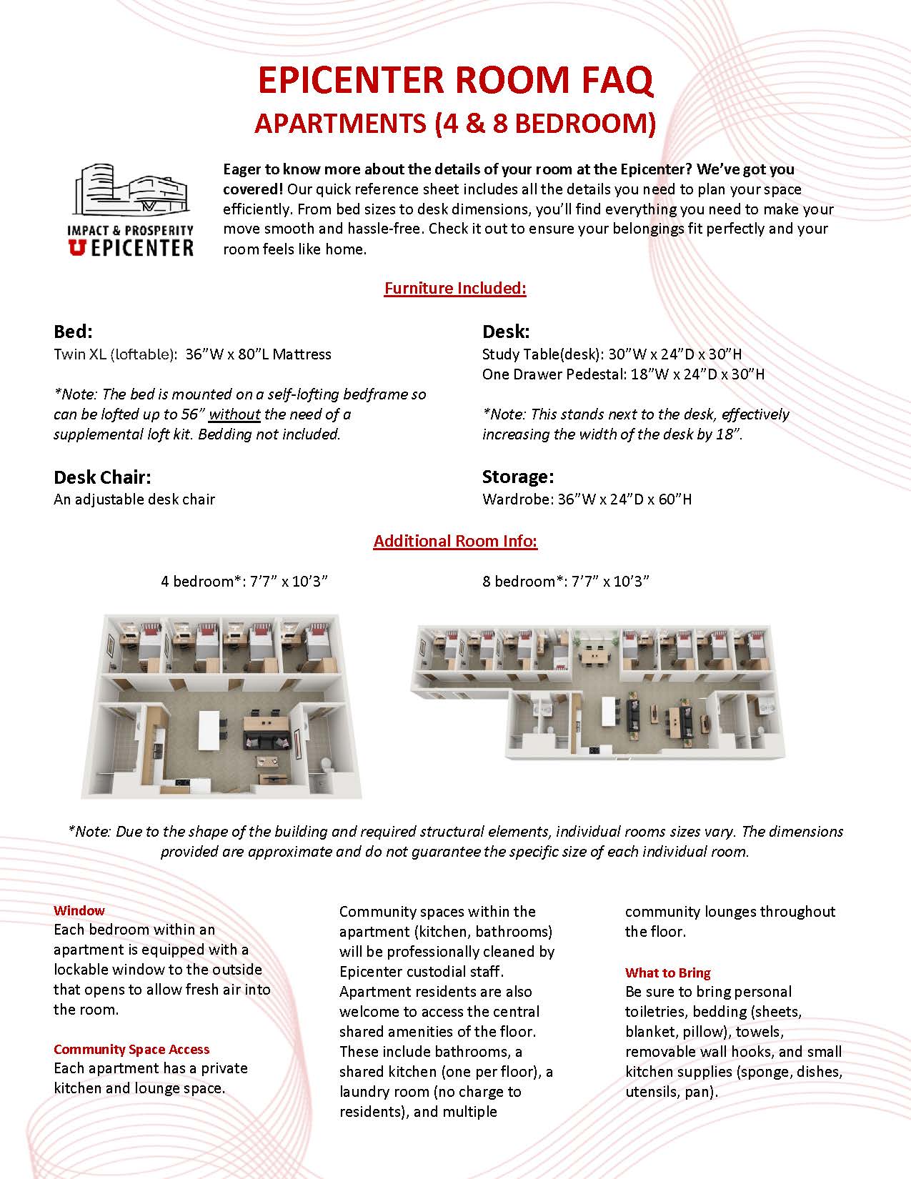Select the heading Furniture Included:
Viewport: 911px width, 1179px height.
(x=455, y=288)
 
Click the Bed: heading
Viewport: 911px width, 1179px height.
(x=73, y=332)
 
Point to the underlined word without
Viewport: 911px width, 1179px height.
(x=234, y=414)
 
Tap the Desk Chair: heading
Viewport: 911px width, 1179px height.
(x=102, y=477)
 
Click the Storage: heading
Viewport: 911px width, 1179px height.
(x=518, y=477)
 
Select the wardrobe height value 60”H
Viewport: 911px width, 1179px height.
(x=675, y=499)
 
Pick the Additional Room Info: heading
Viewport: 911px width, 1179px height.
(x=455, y=541)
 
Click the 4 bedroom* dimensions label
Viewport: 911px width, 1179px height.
(x=244, y=581)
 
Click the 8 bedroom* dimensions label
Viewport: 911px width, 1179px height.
(x=566, y=581)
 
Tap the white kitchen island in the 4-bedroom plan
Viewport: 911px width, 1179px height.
(x=209, y=729)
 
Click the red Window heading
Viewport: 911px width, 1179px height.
(x=79, y=910)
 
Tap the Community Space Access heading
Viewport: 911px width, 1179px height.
(x=131, y=1049)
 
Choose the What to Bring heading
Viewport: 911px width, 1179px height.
(x=668, y=972)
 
